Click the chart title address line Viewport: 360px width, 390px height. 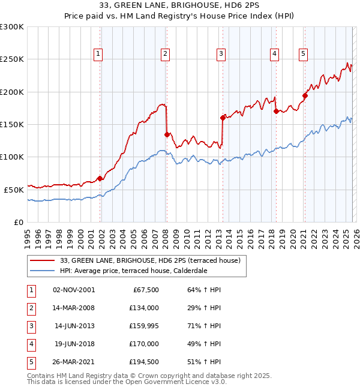pos(179,6)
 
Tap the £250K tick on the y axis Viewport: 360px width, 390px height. pos(12,59)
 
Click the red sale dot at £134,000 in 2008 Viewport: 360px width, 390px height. pos(167,134)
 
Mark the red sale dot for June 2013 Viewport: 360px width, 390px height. pos(223,118)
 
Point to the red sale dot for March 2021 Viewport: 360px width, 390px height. pos(305,95)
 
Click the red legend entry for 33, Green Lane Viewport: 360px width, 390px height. pos(150,260)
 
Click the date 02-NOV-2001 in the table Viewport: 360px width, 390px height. pos(74,290)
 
